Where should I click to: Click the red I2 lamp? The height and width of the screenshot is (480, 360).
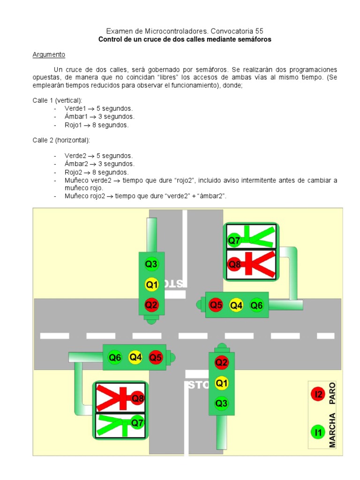point(318,395)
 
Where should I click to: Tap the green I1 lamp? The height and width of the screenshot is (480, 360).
point(318,431)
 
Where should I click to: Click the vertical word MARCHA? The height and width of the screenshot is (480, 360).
point(333,431)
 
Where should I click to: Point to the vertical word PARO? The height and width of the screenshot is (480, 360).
point(333,393)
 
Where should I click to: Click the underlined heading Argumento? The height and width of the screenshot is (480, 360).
point(49,55)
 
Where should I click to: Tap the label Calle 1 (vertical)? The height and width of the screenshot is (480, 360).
point(57,101)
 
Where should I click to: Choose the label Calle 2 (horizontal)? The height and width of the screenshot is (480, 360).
point(61,140)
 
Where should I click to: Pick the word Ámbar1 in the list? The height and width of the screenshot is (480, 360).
point(75,117)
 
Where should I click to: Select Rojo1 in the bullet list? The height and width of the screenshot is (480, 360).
point(74,125)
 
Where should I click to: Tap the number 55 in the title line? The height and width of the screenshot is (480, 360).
point(259,31)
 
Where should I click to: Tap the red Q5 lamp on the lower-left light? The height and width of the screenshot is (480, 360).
point(156,358)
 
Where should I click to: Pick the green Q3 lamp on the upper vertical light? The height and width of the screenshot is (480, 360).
point(151,264)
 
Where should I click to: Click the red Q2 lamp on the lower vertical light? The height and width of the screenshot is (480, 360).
point(222,362)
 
